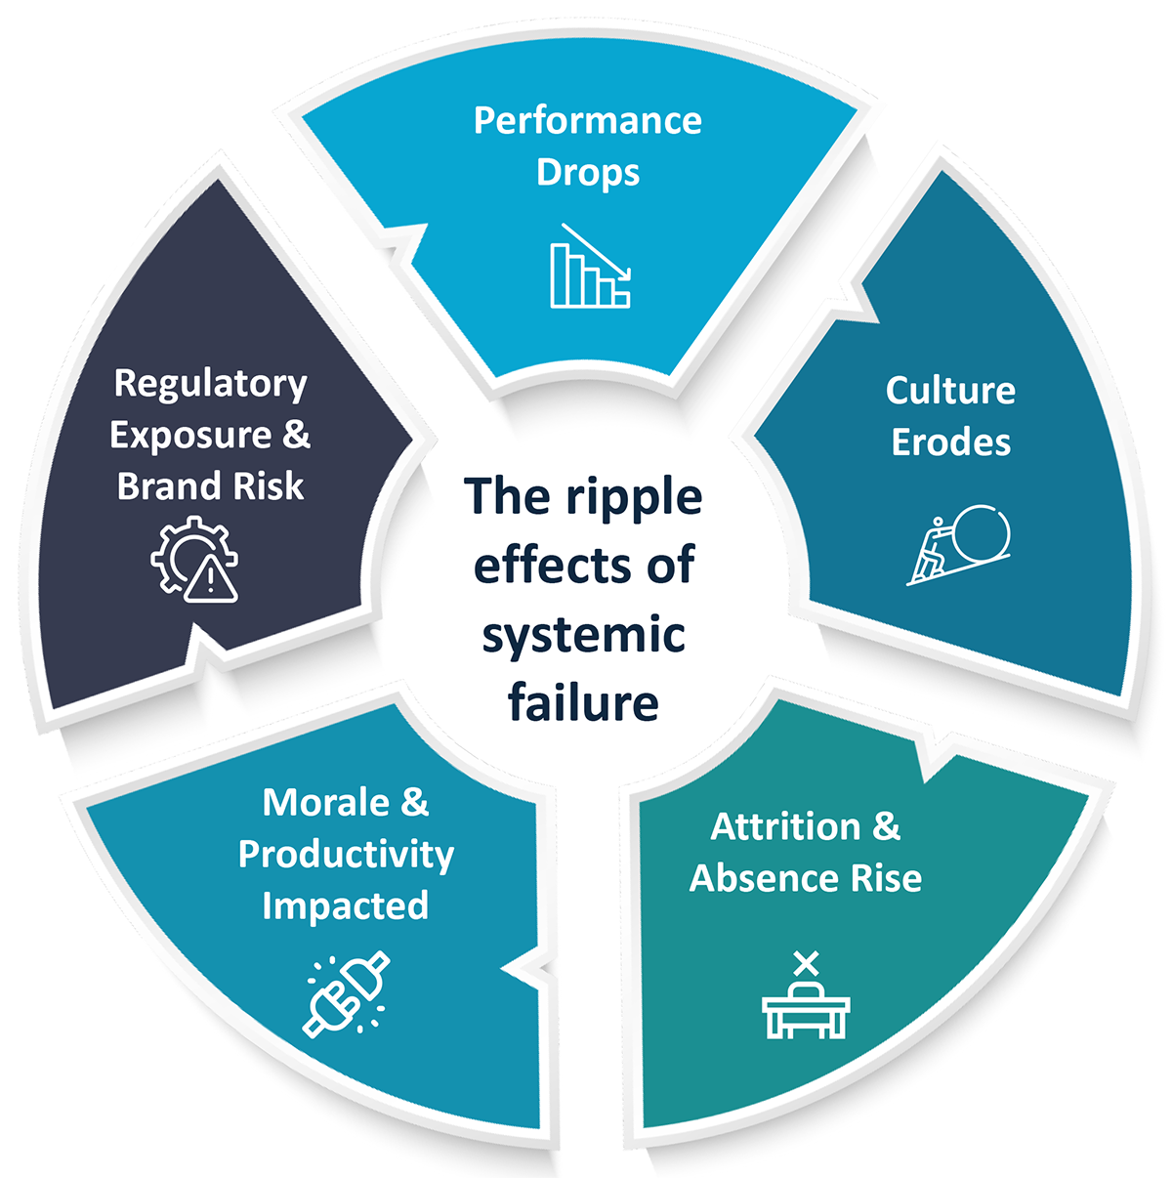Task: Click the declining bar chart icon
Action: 590,266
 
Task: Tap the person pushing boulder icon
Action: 957,545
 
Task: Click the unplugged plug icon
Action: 346,993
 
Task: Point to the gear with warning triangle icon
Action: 195,559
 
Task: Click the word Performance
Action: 587,120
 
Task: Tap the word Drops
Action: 587,172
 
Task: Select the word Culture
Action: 950,390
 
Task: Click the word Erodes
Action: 950,442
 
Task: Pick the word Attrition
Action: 785,826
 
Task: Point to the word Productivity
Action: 346,854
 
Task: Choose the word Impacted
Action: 345,905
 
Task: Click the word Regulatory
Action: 210,383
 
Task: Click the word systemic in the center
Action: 583,635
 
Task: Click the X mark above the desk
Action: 806,964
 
